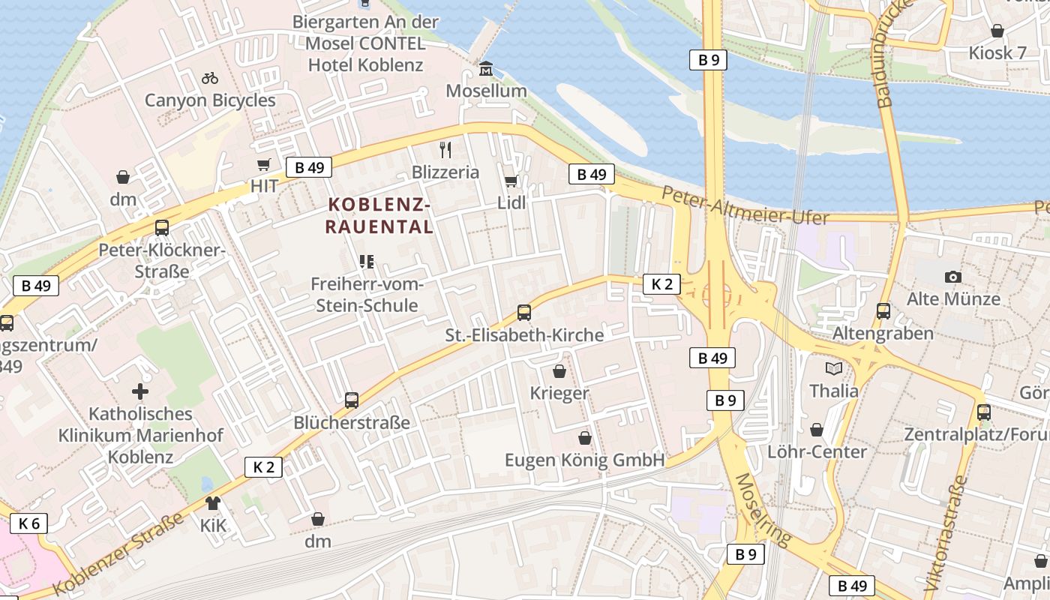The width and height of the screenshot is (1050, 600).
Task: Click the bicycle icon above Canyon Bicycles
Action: point(210,77)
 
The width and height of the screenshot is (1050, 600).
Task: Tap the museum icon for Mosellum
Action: point(486,70)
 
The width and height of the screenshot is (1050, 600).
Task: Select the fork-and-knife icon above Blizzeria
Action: point(445,149)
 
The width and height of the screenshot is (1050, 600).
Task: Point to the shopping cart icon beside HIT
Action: point(264,165)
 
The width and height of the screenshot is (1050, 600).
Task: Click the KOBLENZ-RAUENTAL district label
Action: point(379,215)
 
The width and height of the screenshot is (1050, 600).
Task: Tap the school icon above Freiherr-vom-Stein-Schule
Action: point(367,262)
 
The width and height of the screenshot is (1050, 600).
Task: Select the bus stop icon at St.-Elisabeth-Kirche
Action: point(524,312)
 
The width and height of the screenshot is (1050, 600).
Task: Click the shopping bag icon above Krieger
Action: point(559,370)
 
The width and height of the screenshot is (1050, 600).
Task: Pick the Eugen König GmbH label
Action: point(585,460)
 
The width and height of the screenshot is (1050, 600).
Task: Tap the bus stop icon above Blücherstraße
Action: point(352,400)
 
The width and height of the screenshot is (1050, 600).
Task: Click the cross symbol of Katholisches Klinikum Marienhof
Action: point(140,391)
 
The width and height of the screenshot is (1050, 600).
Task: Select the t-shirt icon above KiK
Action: point(213,503)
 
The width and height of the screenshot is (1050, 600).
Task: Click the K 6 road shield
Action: point(29,523)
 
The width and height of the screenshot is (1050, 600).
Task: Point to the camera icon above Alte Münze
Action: point(953,277)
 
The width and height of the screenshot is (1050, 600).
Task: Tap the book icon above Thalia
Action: point(834,368)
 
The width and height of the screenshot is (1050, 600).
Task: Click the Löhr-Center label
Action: point(817,451)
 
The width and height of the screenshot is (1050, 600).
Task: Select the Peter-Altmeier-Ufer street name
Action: point(745,206)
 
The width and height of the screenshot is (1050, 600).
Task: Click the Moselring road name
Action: point(763,509)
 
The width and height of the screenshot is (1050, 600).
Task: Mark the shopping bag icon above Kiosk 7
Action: point(997,31)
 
